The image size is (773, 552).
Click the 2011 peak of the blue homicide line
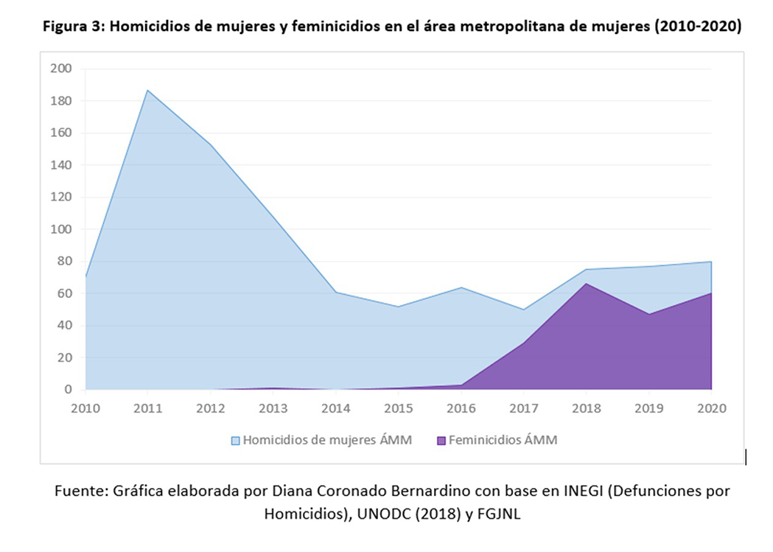[x=148, y=90]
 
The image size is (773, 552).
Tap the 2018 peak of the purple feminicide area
[x=586, y=284]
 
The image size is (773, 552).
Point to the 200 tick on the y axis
[x=60, y=69]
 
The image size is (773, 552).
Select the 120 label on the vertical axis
[x=60, y=197]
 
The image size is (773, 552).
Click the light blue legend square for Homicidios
[x=236, y=441]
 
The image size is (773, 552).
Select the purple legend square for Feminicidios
[x=441, y=441]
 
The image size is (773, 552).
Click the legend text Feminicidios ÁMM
[x=503, y=440]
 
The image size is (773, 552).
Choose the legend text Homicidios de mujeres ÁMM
[x=327, y=440]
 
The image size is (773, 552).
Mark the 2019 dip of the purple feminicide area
[x=648, y=314]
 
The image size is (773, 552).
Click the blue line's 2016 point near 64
[x=461, y=287]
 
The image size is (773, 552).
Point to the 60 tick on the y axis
[x=63, y=293]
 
